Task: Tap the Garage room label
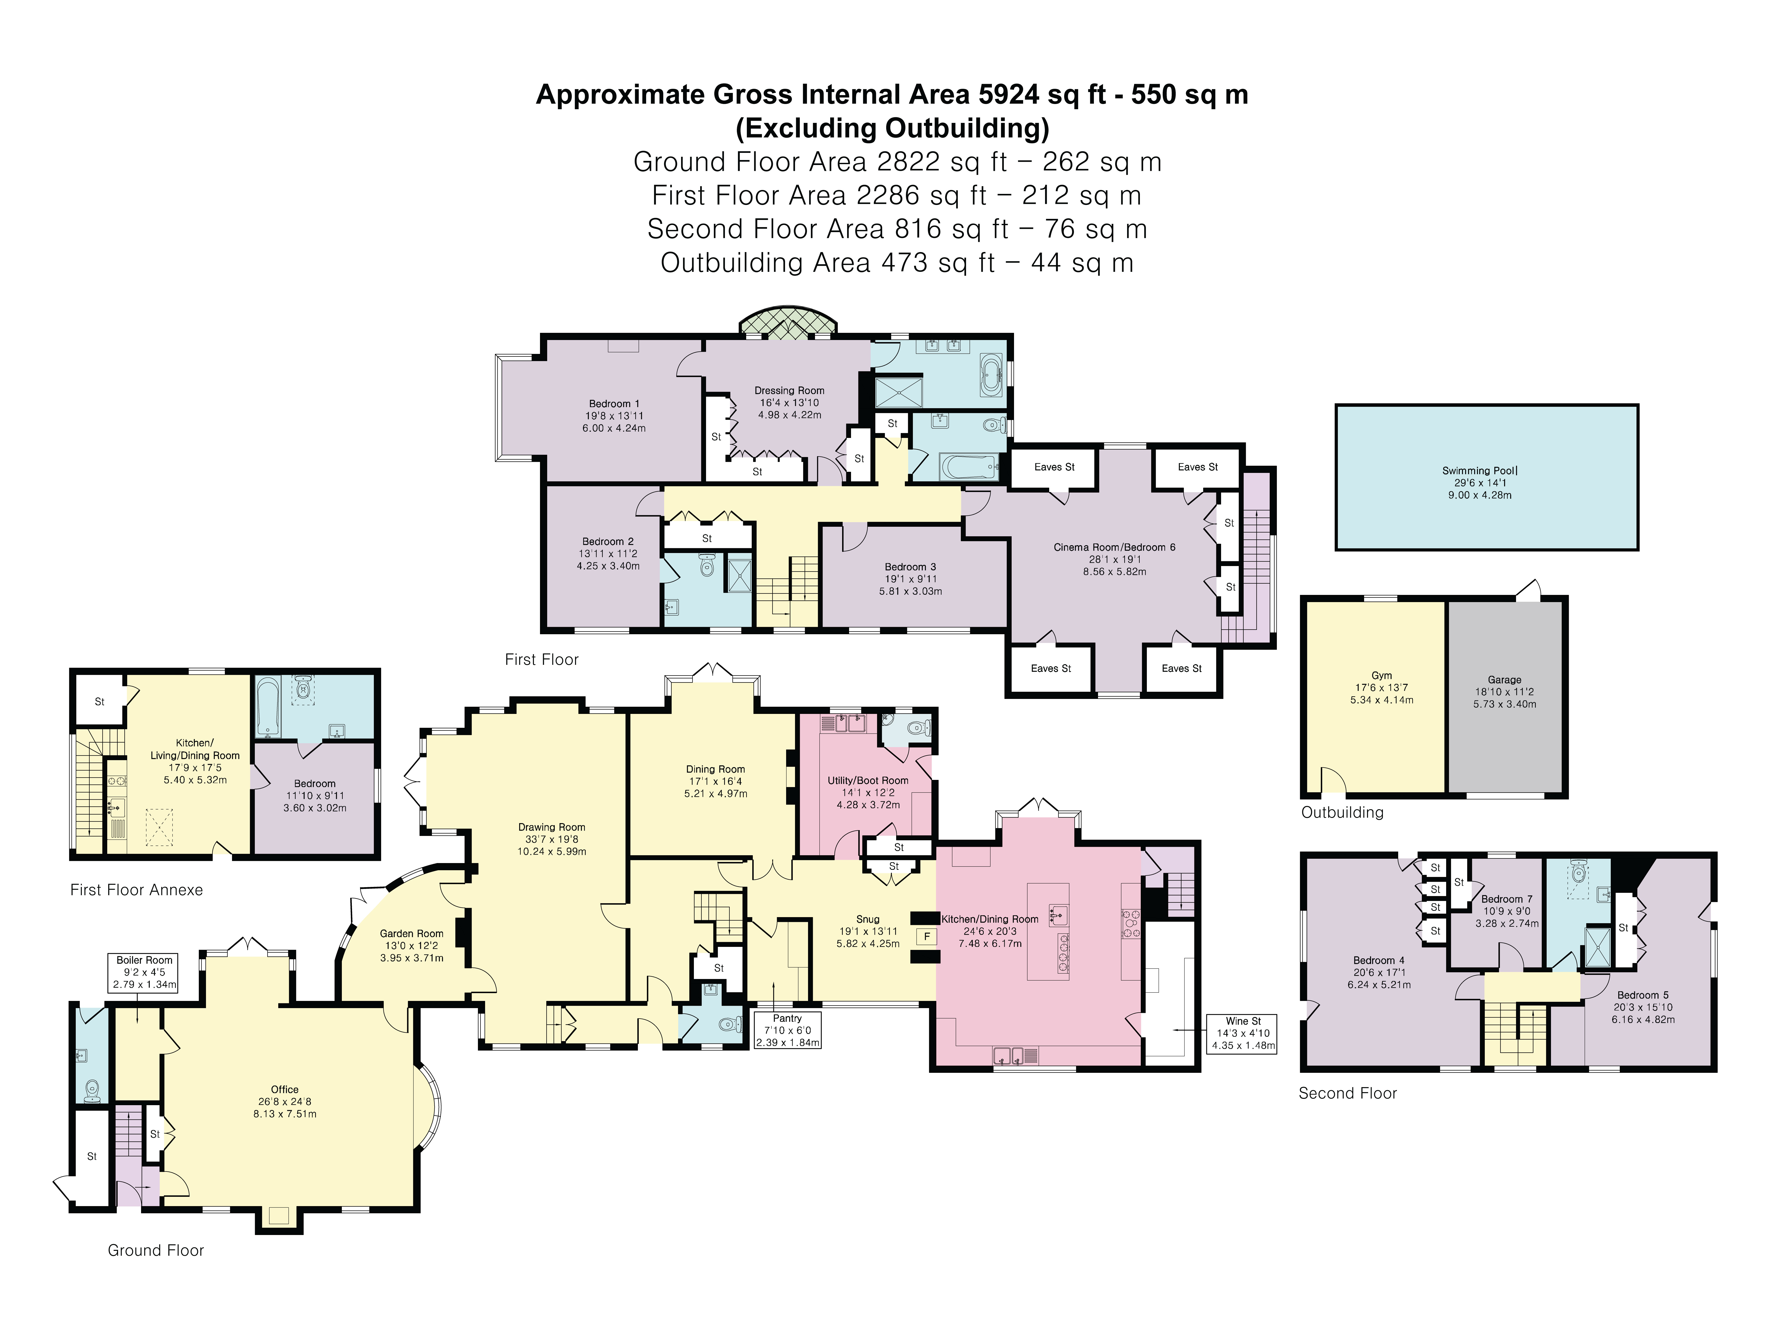[x=1504, y=692]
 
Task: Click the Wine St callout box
[x=1243, y=1033]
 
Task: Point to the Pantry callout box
[x=787, y=1030]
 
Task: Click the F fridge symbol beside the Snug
[x=927, y=936]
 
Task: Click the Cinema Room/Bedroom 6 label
[x=1114, y=559]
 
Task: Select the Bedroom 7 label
[x=1506, y=911]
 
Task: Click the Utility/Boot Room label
[x=868, y=792]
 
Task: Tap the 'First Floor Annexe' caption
[x=137, y=889]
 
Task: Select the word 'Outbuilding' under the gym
[x=1342, y=812]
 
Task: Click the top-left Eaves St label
[x=1054, y=466]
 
